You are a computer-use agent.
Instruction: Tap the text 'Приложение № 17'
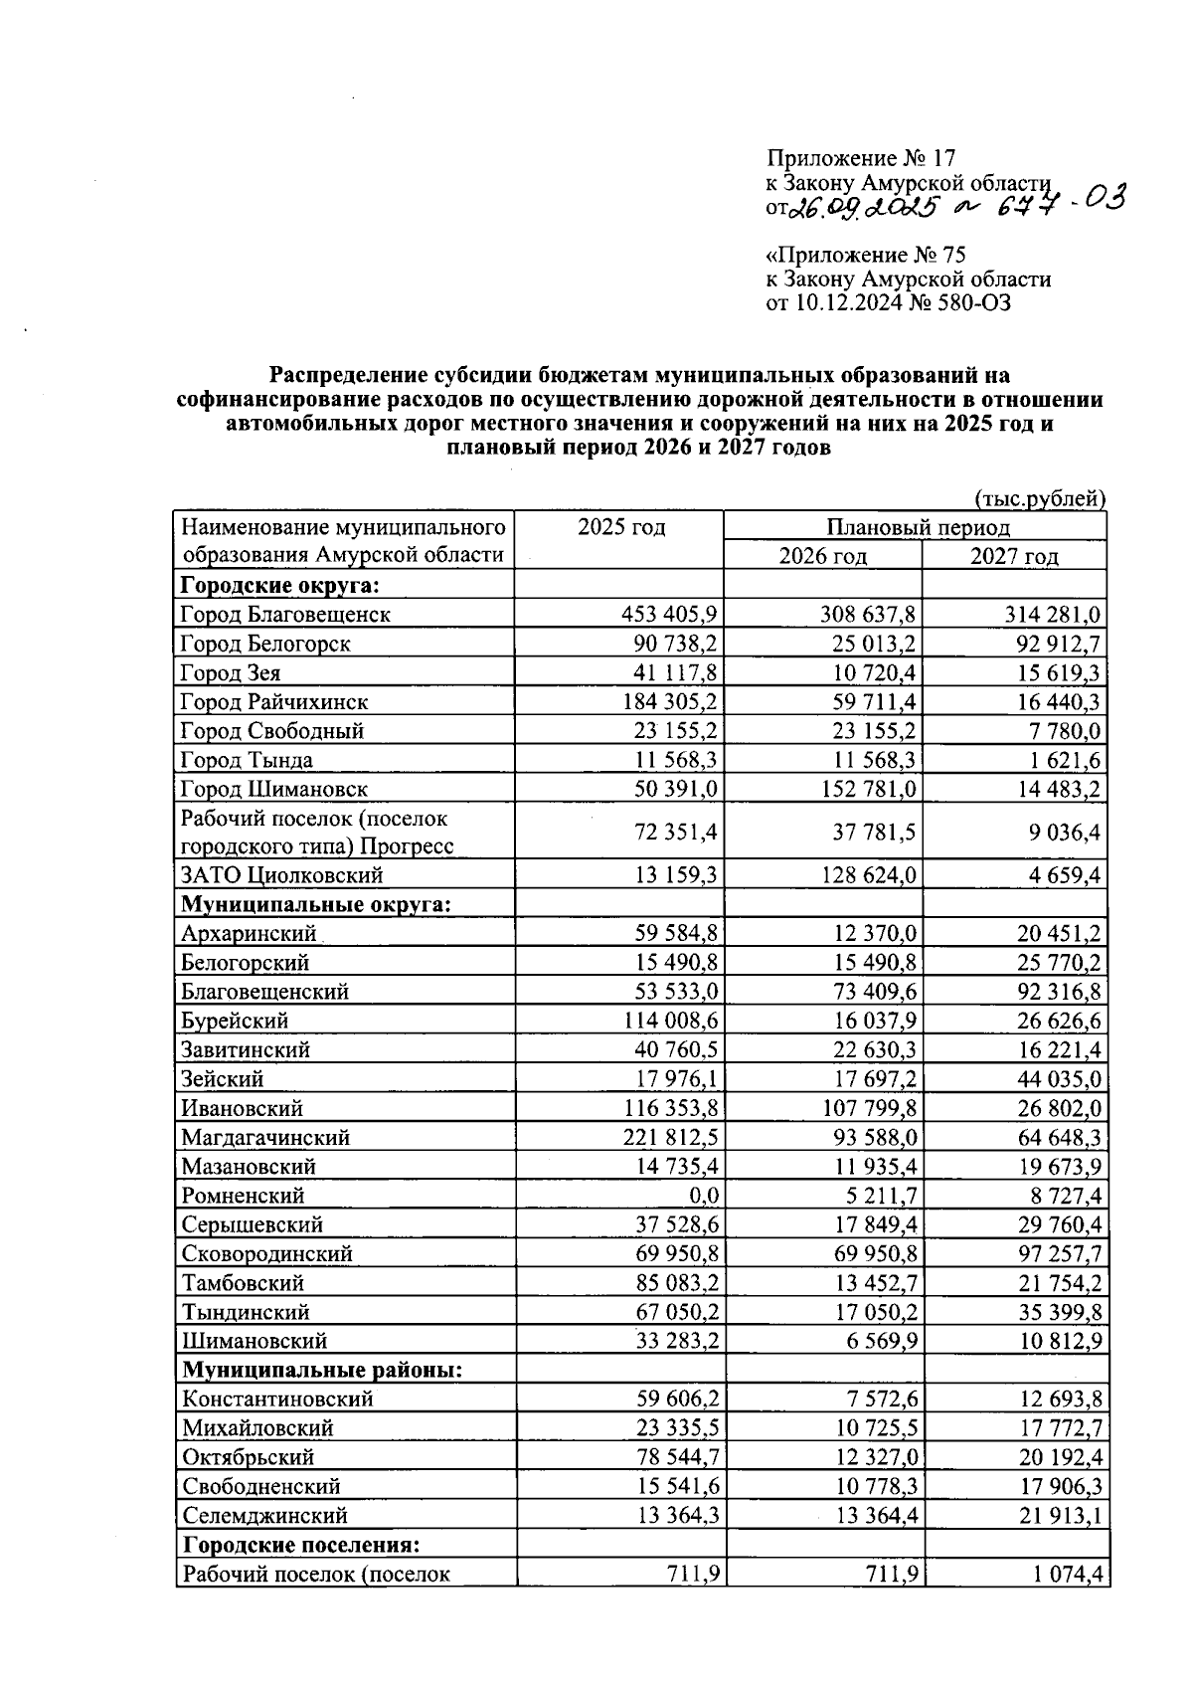(860, 158)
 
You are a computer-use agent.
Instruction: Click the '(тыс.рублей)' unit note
(1040, 498)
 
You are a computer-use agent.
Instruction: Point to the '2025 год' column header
(621, 527)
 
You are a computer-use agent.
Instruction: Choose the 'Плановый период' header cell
(917, 527)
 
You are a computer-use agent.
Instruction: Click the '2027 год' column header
(1013, 556)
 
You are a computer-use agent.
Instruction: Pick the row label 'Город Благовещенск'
(285, 615)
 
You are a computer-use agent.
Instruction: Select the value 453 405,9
(670, 615)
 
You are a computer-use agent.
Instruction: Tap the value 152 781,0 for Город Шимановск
(868, 790)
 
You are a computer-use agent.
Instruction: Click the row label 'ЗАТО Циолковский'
(281, 876)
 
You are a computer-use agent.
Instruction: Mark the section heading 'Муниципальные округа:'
(316, 905)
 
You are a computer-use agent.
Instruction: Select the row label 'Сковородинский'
(266, 1254)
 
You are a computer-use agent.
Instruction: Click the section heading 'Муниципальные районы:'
(322, 1371)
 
